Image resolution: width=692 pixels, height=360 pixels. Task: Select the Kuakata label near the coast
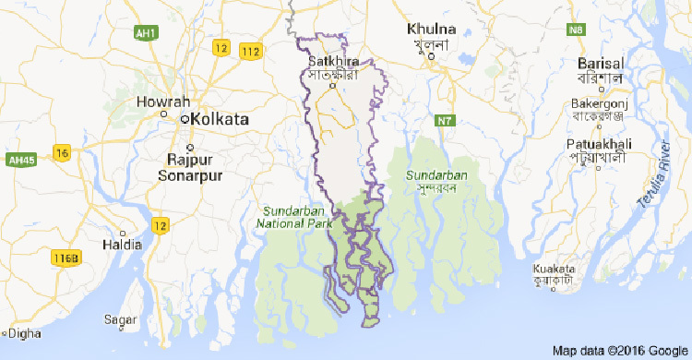coord(558,270)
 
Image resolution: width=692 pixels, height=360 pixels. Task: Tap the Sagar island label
coord(120,319)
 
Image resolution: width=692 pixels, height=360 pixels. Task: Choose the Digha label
coord(24,332)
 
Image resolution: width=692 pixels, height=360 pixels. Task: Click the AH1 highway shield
coord(144,33)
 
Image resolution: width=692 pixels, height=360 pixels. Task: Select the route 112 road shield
coord(249,50)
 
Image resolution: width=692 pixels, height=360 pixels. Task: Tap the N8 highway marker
coord(577,30)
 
